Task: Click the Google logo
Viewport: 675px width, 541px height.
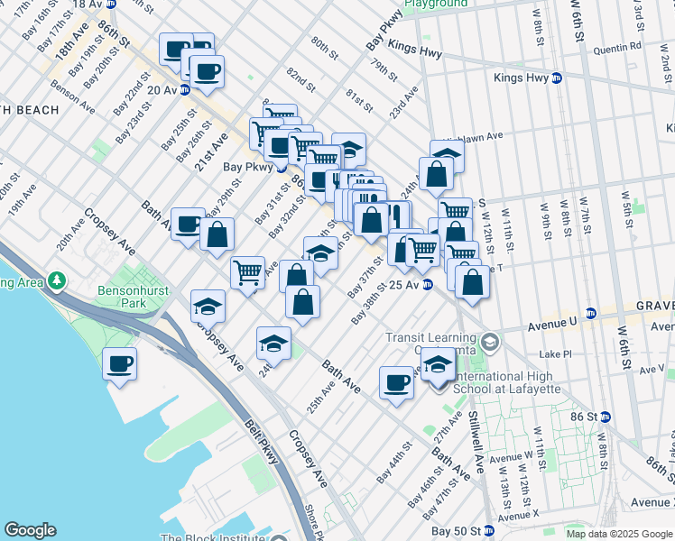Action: (x=30, y=530)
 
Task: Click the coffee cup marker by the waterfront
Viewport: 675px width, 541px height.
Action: (x=119, y=364)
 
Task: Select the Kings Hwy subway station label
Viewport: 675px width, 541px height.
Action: (x=522, y=78)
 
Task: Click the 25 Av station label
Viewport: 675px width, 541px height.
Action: (x=405, y=285)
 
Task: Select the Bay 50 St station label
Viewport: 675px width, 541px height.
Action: (x=456, y=530)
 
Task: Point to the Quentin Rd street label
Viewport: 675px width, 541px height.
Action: (x=619, y=45)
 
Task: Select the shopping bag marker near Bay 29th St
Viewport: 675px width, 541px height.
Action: (x=217, y=235)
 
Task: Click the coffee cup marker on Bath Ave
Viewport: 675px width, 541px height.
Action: (x=396, y=383)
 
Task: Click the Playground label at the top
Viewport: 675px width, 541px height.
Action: (x=436, y=5)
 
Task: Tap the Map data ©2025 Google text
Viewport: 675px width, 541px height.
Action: (x=618, y=534)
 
